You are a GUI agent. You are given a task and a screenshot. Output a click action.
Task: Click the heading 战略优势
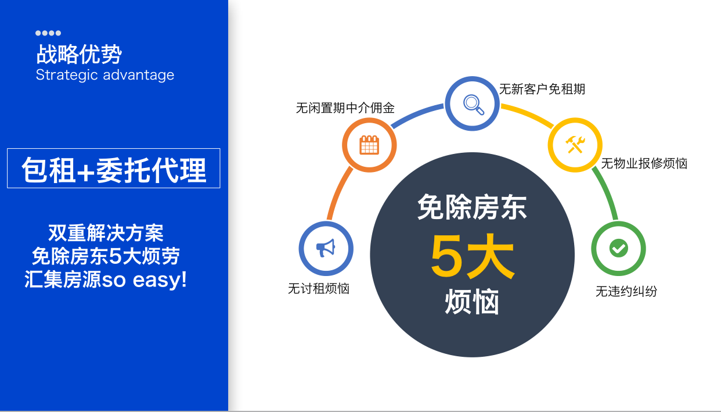pyautogui.click(x=79, y=54)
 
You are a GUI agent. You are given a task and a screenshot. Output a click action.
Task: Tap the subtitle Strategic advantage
pyautogui.click(x=105, y=75)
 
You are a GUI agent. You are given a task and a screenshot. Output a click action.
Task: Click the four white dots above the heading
pyautogui.click(x=48, y=33)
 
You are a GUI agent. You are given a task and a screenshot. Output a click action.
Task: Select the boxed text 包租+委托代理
pyautogui.click(x=114, y=170)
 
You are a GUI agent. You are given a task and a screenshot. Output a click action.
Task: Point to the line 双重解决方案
pyautogui.click(x=106, y=232)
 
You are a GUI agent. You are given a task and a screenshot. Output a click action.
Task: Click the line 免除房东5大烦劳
pyautogui.click(x=106, y=256)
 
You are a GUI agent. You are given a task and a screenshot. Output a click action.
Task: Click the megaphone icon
pyautogui.click(x=326, y=248)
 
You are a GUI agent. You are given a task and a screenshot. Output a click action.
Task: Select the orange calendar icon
pyautogui.click(x=369, y=145)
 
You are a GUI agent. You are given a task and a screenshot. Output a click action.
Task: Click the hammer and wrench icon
pyautogui.click(x=575, y=145)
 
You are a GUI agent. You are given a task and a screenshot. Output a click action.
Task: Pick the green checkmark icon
pyautogui.click(x=618, y=248)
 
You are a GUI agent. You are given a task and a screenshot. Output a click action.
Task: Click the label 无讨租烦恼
pyautogui.click(x=319, y=288)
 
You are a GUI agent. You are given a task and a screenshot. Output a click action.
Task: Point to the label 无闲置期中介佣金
pyautogui.click(x=345, y=108)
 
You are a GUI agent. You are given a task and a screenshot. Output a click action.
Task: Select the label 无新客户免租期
pyautogui.click(x=542, y=89)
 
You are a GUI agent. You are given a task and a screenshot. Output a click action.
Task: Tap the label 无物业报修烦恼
pyautogui.click(x=644, y=163)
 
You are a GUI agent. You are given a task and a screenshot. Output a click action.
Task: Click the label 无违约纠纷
pyautogui.click(x=626, y=291)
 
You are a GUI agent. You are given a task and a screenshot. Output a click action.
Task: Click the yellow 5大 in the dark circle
pyautogui.click(x=472, y=256)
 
